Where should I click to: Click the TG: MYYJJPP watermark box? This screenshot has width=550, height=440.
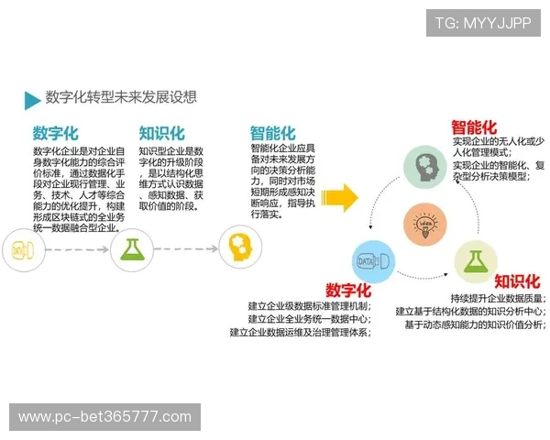tap(482, 22)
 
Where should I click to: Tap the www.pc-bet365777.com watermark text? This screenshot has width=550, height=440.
tap(105, 417)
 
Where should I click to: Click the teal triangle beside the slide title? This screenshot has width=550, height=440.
tap(32, 99)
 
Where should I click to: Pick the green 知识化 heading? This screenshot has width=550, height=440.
tap(161, 133)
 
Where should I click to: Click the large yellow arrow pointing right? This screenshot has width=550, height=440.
tap(339, 196)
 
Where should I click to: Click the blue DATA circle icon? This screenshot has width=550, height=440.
tap(374, 261)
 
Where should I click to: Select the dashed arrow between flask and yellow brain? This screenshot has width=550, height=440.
tap(186, 248)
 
